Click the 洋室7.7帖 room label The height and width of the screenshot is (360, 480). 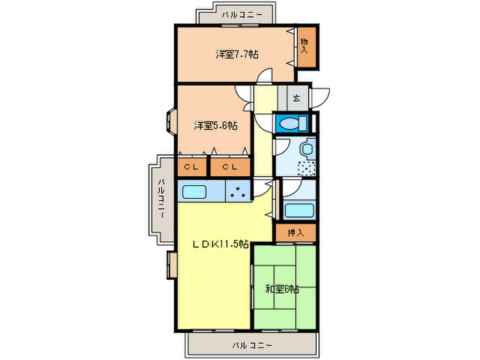tap(237, 54)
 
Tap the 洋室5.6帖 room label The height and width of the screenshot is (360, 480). tap(215, 125)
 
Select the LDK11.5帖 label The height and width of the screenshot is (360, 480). tap(220, 244)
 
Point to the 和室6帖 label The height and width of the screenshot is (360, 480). tap(282, 289)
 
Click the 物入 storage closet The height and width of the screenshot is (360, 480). tap(307, 47)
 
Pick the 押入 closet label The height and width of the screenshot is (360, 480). tap(296, 233)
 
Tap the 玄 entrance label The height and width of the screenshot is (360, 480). tap(297, 98)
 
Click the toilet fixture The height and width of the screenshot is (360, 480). tap(291, 123)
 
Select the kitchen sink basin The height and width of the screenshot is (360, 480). tap(194, 192)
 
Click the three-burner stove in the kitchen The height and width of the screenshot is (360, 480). tap(238, 191)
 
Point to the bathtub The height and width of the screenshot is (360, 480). tap(299, 211)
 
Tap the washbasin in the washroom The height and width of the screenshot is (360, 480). tap(307, 149)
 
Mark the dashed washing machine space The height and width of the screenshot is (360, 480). tap(307, 168)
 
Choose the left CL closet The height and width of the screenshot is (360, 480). tap(192, 167)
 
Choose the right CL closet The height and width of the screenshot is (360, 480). tap(230, 167)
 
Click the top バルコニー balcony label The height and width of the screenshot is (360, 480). tap(242, 14)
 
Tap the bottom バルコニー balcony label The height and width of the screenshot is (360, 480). tap(252, 346)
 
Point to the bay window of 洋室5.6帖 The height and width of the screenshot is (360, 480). tap(171, 121)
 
